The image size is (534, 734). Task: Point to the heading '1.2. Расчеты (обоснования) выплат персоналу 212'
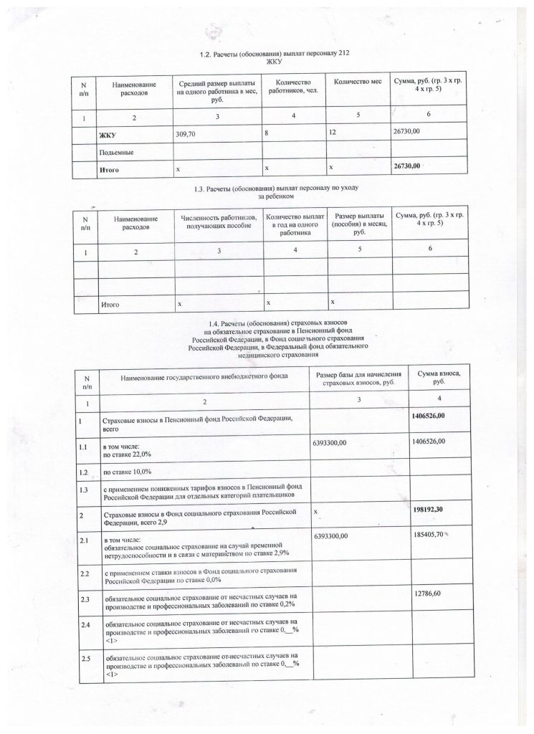276,54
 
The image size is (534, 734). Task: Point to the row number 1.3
85,490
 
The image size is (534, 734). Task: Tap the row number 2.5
86,658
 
